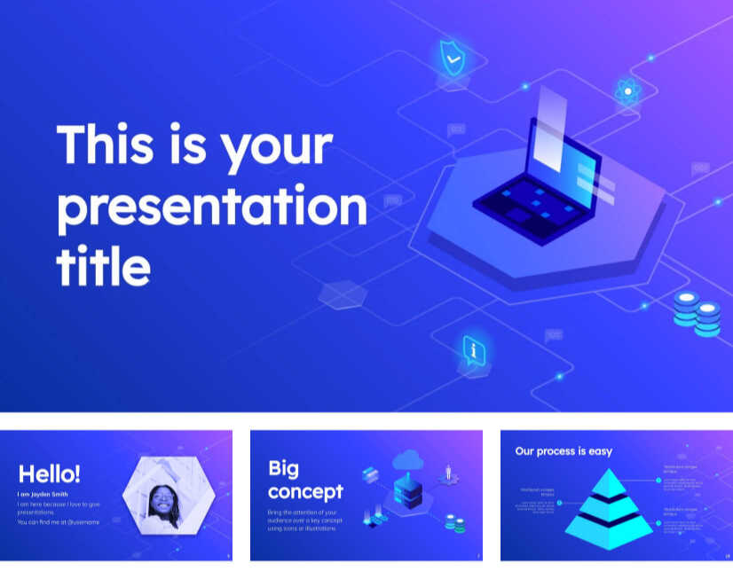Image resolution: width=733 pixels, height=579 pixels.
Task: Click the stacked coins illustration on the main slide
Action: [x=696, y=313]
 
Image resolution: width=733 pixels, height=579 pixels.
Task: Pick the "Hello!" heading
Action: [x=50, y=473]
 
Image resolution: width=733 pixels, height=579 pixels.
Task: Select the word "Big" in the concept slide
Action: [x=283, y=470]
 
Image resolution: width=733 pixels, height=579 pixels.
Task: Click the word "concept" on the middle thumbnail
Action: [x=304, y=491]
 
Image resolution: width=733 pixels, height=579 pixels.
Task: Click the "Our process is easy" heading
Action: [x=564, y=451]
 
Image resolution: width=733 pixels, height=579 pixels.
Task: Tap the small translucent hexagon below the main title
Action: [x=343, y=295]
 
